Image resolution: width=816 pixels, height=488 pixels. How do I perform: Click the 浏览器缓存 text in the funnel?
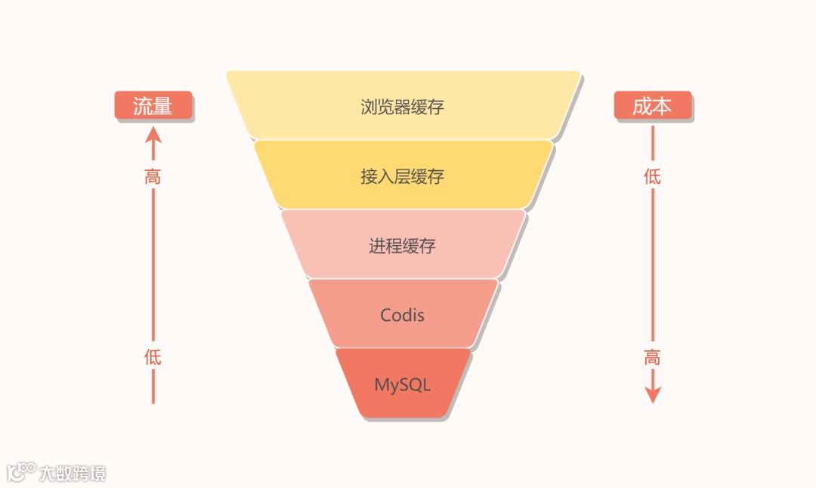[x=402, y=107]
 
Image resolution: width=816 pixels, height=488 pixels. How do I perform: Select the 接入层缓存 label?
[x=402, y=177]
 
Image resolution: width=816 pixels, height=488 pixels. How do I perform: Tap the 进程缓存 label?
[x=402, y=246]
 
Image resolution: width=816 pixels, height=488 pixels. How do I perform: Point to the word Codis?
[x=402, y=315]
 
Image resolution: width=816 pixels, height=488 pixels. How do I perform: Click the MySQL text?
[x=402, y=384]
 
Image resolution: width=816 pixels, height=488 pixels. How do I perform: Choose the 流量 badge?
[x=153, y=106]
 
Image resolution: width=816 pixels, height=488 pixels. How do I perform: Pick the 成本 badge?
[x=652, y=106]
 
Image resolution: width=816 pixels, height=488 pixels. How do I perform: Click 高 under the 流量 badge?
[x=153, y=177]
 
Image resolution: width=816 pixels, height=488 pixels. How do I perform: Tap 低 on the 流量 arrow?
[x=153, y=357]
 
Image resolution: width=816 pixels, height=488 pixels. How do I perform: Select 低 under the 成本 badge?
[x=652, y=177]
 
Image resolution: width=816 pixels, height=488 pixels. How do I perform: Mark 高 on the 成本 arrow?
[x=652, y=357]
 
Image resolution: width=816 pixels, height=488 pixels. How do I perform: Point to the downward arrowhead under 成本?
[x=653, y=396]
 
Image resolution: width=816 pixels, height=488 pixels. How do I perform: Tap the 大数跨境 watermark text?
[x=73, y=474]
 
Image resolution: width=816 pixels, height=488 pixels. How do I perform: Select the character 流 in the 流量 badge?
[x=144, y=106]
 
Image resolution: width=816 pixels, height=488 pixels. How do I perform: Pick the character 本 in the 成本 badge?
[x=662, y=106]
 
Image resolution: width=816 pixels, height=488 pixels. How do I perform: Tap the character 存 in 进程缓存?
[x=427, y=246]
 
